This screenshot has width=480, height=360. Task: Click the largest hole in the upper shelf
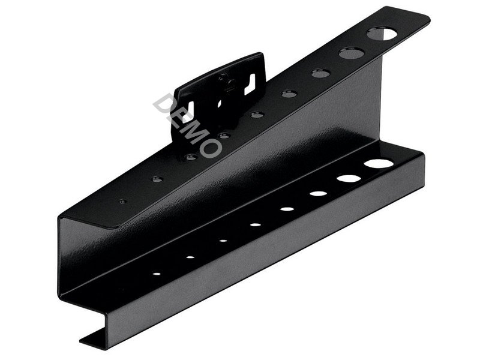click(x=381, y=34)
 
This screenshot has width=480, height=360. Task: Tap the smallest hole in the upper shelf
click(x=123, y=202)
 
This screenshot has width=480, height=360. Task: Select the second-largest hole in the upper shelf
click(x=352, y=53)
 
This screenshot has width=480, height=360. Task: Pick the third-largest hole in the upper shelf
click(x=321, y=73)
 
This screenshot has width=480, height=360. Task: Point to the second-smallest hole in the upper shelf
click(x=157, y=179)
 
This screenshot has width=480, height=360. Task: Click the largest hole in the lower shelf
click(x=379, y=163)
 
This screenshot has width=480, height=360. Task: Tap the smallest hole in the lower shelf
click(x=157, y=274)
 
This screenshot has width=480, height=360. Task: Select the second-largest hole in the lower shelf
click(x=349, y=178)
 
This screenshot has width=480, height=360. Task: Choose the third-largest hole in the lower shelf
click(x=319, y=193)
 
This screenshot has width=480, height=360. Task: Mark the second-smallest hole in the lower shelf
click(x=190, y=257)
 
